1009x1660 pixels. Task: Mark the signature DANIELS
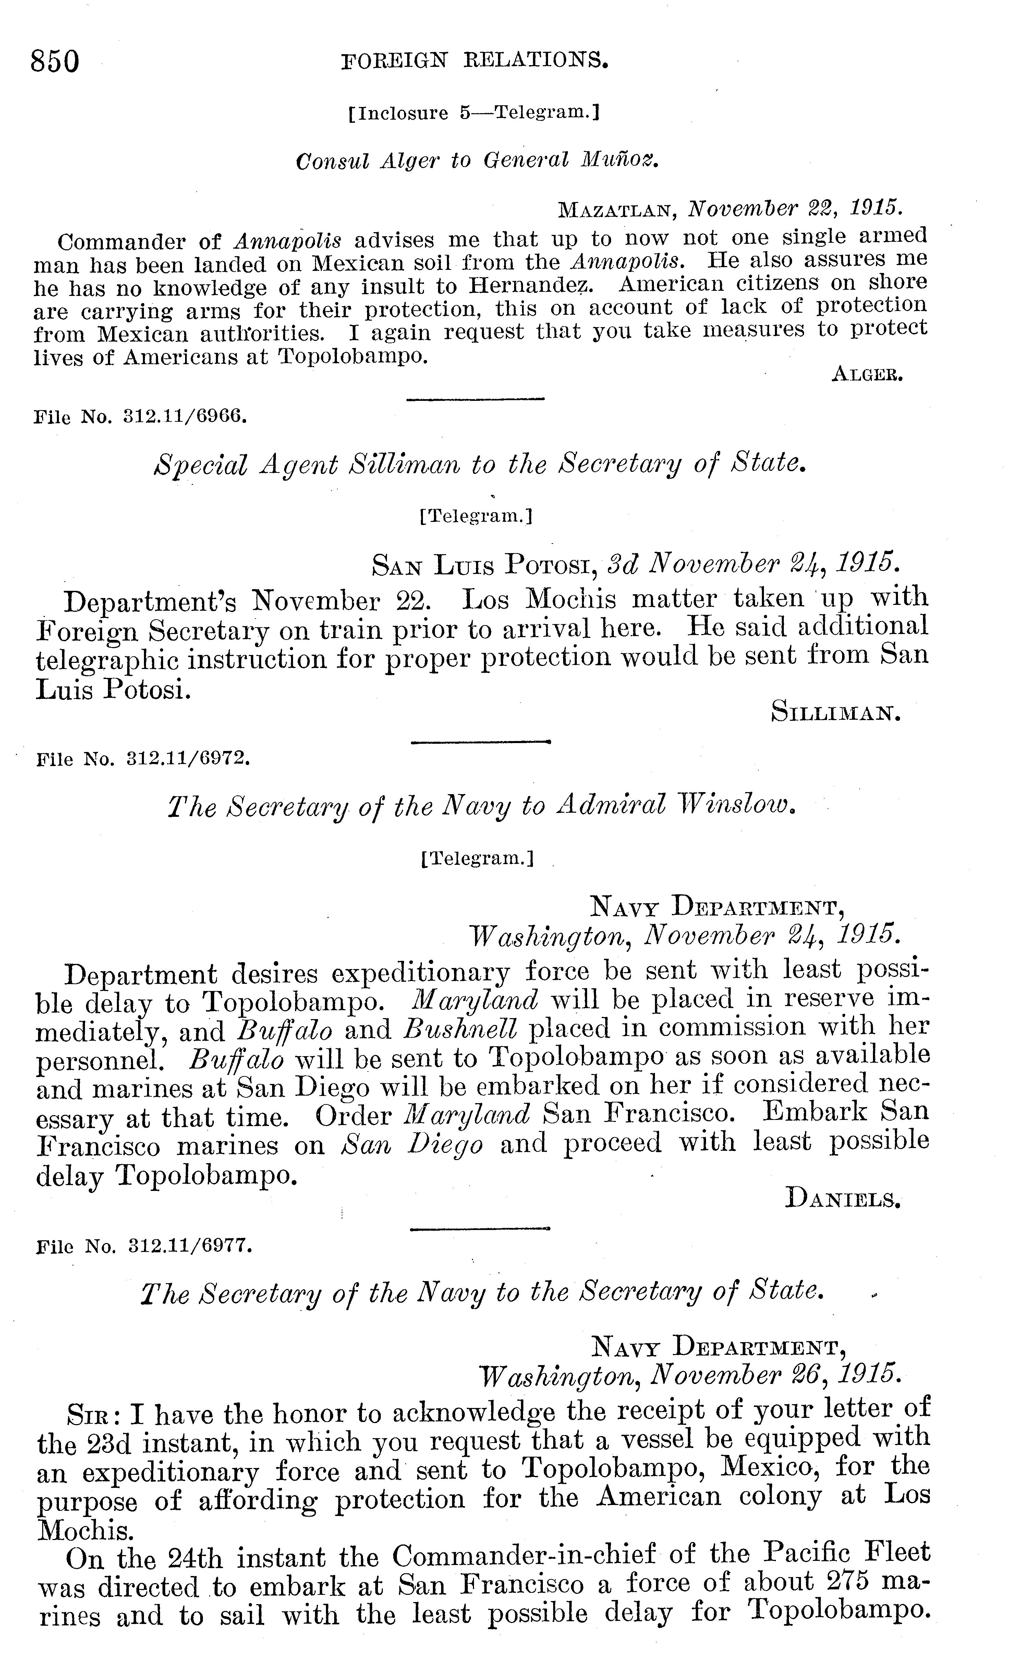coord(843,1199)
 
